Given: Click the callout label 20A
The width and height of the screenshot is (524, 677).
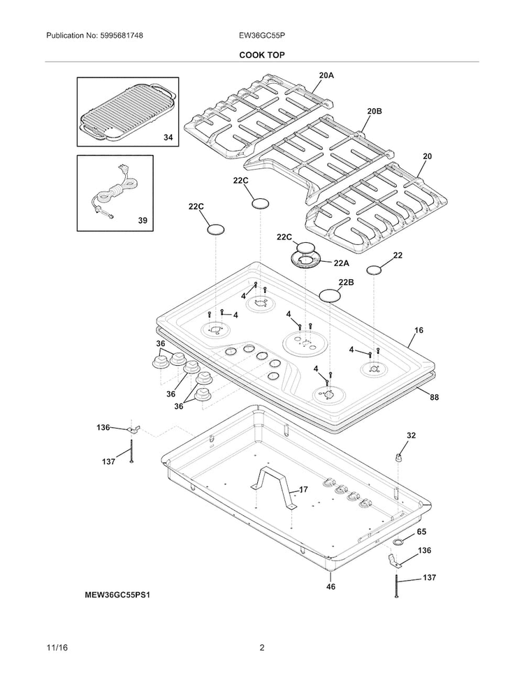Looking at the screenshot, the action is click(x=326, y=75).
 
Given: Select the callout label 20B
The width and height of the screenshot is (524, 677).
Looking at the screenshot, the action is click(x=374, y=111).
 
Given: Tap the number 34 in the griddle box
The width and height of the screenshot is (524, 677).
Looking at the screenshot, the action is click(x=168, y=137).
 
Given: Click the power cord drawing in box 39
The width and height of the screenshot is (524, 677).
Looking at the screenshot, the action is click(x=115, y=190).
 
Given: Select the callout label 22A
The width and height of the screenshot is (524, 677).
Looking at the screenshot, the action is click(x=341, y=263).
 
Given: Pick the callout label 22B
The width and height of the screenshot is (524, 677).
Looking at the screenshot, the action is click(x=346, y=282).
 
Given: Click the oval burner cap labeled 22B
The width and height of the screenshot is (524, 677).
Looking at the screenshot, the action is click(x=330, y=296).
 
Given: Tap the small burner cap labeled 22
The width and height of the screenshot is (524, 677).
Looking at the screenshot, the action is click(x=374, y=270).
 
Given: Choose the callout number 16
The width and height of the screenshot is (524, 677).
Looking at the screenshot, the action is click(x=419, y=330).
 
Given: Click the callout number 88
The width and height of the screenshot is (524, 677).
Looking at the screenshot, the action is click(x=434, y=396).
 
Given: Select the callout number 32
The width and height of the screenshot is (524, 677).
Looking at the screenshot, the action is click(x=411, y=436).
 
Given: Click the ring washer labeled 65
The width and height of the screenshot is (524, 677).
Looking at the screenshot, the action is click(x=398, y=542).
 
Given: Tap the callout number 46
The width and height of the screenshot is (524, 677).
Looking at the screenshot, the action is click(x=330, y=586).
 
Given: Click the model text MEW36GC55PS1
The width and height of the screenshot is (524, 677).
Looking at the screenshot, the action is click(x=117, y=595).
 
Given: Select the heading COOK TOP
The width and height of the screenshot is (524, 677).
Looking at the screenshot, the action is click(x=262, y=55).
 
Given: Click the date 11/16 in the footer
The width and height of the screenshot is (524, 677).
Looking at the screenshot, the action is click(x=57, y=648).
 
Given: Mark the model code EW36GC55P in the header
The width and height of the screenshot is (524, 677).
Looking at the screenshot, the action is click(x=262, y=36).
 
